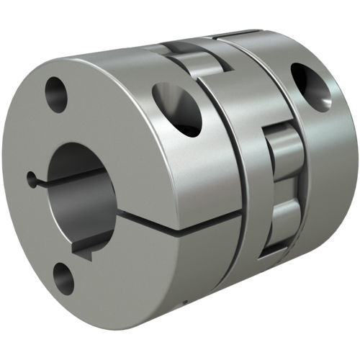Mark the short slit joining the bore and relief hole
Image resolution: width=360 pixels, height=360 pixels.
coord(39,178)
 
